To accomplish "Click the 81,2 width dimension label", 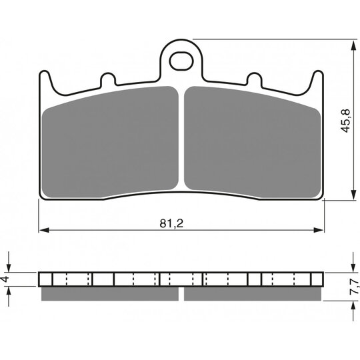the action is pos(171,223).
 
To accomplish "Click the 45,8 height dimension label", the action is pos(345,121).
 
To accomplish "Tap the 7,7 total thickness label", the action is pos(353,286).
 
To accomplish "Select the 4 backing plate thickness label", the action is pos(5,279).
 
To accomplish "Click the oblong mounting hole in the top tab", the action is pos(181,61).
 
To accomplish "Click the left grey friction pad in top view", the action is pos(110,142).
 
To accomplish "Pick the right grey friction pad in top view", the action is pos(253,142).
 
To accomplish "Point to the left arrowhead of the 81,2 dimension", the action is pos(44,230).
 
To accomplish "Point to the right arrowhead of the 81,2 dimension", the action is pos(319,230).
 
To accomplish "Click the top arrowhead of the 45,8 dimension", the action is pos(353,45).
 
